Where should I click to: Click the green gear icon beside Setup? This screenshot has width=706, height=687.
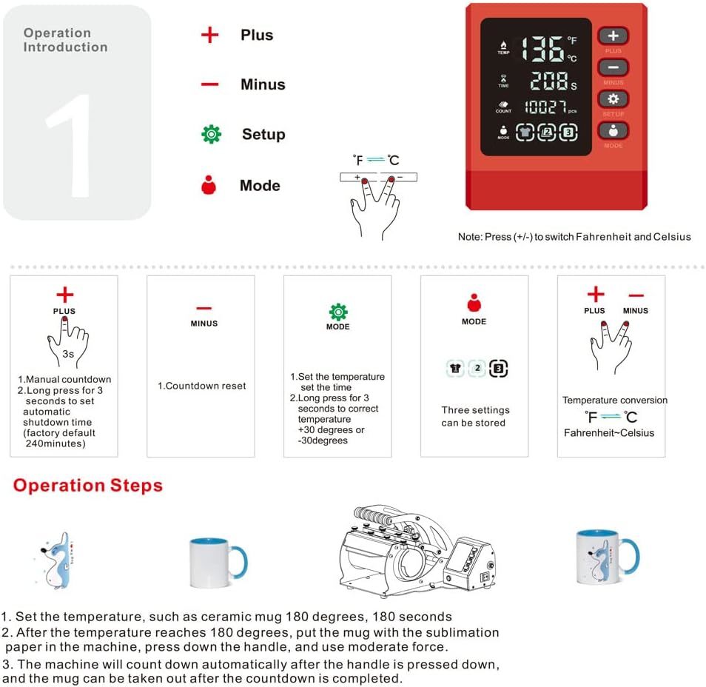[212, 134]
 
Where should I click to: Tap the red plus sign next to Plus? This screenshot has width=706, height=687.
[210, 35]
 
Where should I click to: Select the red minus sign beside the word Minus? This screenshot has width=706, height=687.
[210, 84]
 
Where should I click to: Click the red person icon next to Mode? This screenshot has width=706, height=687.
[209, 185]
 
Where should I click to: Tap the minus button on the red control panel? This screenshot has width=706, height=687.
[613, 67]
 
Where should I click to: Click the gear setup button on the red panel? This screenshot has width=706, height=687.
[613, 99]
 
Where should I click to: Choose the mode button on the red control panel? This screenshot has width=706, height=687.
[613, 130]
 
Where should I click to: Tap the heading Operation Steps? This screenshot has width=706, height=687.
[87, 486]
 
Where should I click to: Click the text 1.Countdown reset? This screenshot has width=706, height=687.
[201, 386]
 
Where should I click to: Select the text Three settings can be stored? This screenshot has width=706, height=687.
[474, 416]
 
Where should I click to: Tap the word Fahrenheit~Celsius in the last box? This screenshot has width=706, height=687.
[609, 432]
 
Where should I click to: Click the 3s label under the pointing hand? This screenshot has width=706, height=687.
[68, 354]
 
